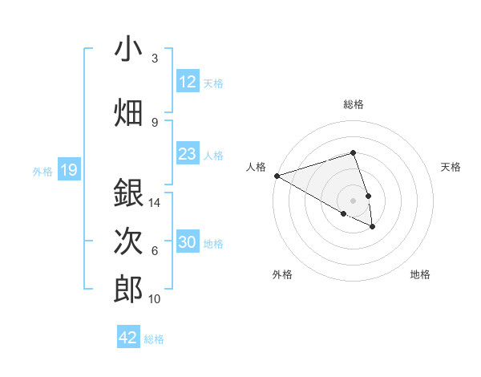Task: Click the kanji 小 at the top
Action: click(129, 49)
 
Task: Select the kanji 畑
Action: click(129, 112)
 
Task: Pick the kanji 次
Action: click(129, 241)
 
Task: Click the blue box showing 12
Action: click(188, 82)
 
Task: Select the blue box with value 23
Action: click(188, 154)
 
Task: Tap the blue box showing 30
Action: click(188, 242)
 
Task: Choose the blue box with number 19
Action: click(68, 170)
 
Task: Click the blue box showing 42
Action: click(128, 338)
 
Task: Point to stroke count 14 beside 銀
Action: click(156, 203)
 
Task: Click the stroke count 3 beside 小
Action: click(155, 59)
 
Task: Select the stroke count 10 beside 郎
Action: click(156, 299)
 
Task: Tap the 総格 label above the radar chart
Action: click(354, 104)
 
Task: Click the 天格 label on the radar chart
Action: click(451, 167)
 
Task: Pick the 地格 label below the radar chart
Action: click(420, 275)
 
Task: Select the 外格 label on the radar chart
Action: click(282, 275)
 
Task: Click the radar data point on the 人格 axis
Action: click(277, 176)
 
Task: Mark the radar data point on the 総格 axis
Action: click(354, 152)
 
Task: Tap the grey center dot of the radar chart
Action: click(354, 200)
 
